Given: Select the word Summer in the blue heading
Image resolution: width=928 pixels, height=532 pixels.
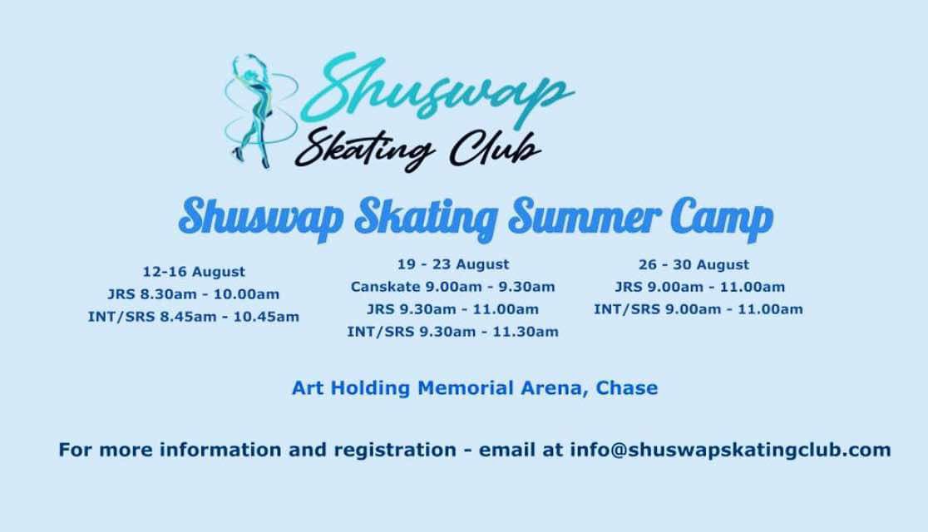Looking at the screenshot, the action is point(584,217).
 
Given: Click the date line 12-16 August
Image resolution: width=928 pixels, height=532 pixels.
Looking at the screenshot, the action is point(194,272).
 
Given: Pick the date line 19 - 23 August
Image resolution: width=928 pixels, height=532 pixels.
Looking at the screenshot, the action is point(452,264).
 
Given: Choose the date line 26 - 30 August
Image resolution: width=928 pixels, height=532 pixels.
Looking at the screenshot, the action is point(694,264).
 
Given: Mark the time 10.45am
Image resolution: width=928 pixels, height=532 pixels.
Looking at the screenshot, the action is point(266,317).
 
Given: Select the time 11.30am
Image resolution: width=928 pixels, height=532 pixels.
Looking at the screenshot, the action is point(526,332).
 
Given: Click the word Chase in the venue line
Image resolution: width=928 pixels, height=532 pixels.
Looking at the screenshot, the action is point(627,388).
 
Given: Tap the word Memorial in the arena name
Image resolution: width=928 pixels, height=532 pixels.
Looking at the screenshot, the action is point(466,388).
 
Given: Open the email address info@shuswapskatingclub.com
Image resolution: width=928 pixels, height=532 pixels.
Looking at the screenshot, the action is point(730,451).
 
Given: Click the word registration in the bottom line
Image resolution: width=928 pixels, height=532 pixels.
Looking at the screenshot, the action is point(395,451).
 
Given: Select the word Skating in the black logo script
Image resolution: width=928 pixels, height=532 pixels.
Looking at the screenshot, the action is point(365,148).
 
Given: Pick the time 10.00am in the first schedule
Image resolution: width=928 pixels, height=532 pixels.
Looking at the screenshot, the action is point(246,294).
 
